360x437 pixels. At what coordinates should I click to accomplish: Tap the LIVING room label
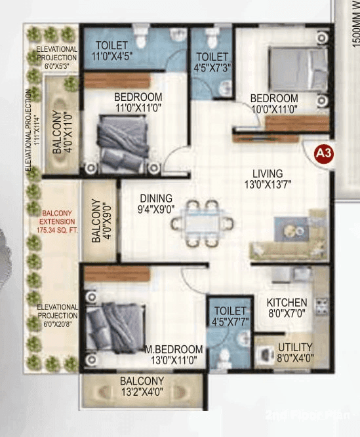click(268, 174)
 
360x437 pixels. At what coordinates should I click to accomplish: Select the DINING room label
click(155, 199)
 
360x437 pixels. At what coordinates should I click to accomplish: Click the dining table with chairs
click(203, 222)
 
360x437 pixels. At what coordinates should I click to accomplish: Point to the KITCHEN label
click(287, 302)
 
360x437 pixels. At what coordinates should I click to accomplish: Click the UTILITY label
click(294, 347)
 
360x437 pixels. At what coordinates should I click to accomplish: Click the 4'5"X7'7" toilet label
click(230, 316)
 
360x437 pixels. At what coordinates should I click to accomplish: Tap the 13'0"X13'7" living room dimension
click(268, 185)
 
